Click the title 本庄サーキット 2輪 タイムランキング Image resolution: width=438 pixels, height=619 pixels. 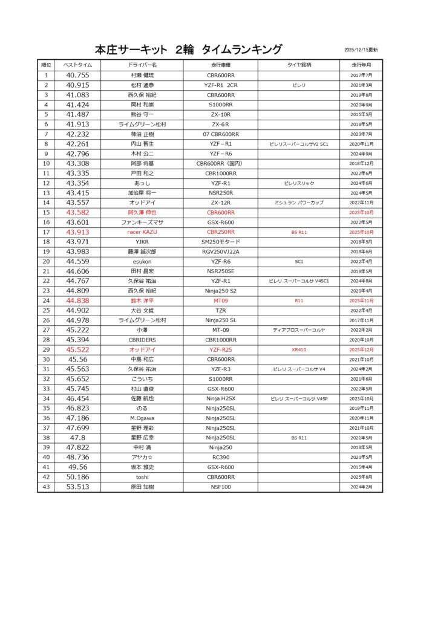(x=188, y=50)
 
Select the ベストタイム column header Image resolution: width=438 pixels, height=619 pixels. (x=77, y=65)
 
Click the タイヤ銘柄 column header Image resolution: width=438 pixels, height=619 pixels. (x=298, y=65)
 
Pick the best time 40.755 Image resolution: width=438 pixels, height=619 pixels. (x=77, y=76)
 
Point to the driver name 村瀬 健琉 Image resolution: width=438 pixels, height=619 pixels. (x=143, y=76)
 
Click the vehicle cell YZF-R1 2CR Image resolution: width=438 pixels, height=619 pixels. (x=220, y=85)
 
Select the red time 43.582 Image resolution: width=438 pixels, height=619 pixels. (x=77, y=213)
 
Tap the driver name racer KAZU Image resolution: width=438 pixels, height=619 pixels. (x=143, y=232)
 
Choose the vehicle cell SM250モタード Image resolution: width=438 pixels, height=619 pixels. (x=220, y=242)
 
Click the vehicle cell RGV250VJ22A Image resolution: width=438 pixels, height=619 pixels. (x=220, y=251)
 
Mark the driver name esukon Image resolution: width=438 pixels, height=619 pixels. (x=143, y=262)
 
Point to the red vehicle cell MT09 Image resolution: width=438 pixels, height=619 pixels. (x=220, y=300)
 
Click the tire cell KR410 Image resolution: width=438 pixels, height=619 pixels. (x=298, y=349)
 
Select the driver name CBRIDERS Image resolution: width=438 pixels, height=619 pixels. (x=143, y=340)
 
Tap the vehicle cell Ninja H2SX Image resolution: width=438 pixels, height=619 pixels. (x=220, y=398)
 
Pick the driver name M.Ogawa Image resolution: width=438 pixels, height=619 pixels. (x=143, y=418)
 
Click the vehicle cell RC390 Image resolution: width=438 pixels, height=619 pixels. (x=220, y=457)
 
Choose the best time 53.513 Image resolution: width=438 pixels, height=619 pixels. (x=77, y=487)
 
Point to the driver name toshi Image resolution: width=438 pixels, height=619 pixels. (x=143, y=477)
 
